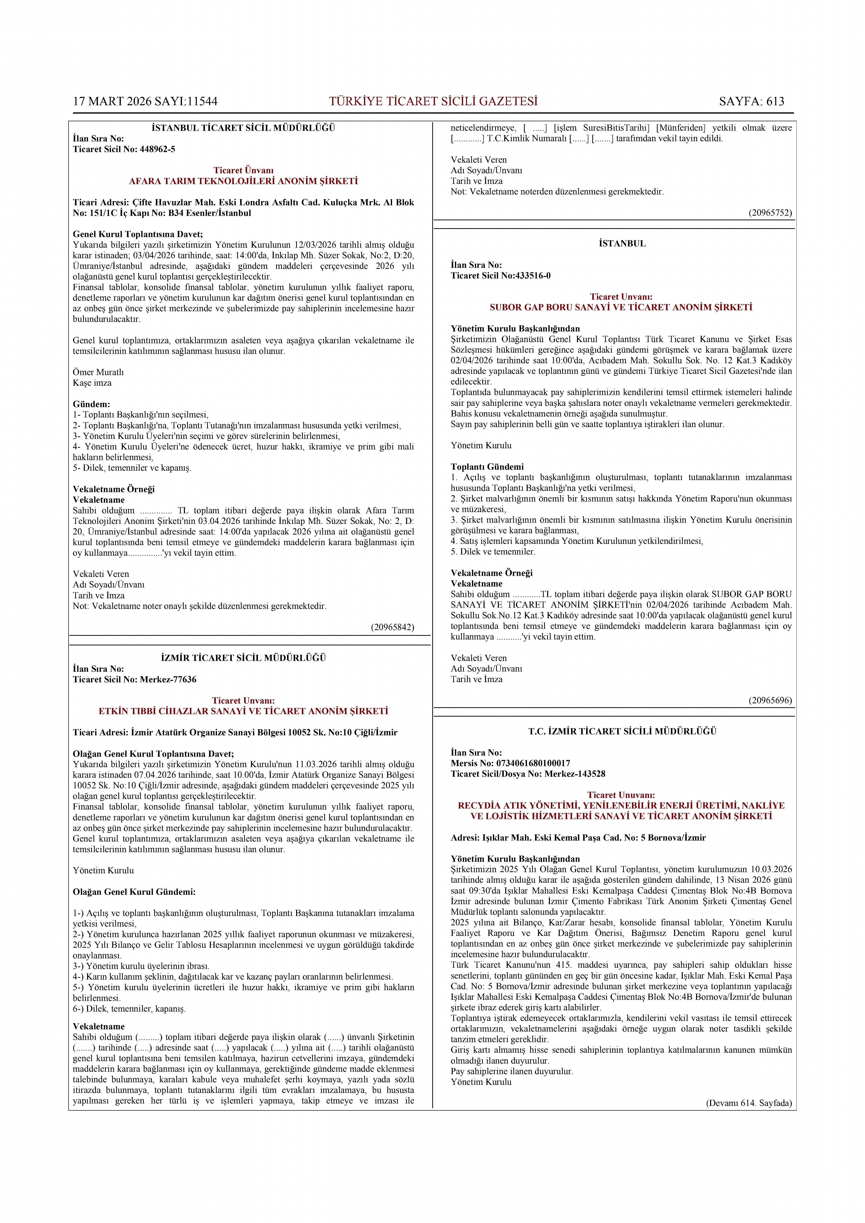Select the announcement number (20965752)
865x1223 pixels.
tap(770, 212)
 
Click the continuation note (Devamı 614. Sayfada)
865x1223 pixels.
tap(749, 1102)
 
